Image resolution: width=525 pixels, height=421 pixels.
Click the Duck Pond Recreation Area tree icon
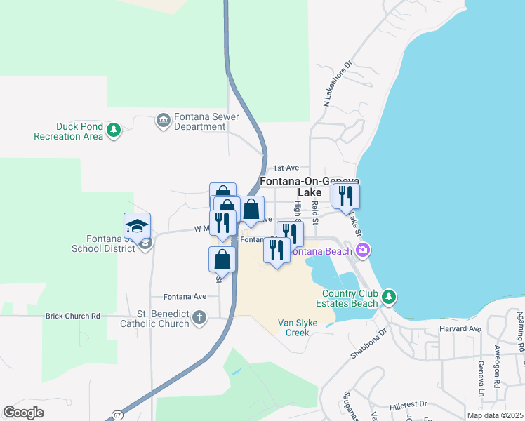click(113, 129)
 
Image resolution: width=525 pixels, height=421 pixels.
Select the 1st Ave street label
click(286, 168)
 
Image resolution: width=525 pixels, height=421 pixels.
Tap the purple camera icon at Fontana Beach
click(363, 250)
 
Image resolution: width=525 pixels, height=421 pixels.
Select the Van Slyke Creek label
click(303, 328)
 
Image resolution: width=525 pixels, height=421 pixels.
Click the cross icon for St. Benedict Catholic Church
click(199, 318)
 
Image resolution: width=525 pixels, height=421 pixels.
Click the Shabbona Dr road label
click(368, 343)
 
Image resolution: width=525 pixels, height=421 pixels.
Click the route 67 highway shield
click(115, 415)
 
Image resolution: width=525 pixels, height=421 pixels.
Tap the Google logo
click(23, 413)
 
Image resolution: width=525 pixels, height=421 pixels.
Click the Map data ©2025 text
click(496, 416)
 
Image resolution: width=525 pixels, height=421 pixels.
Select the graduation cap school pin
click(138, 226)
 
